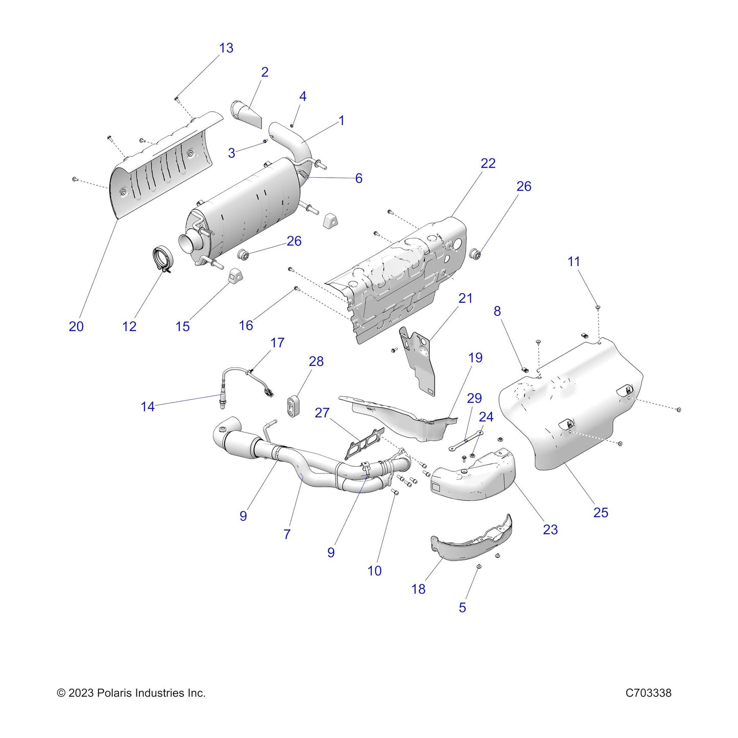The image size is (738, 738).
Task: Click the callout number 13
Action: [226, 48]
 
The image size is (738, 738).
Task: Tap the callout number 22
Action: [488, 163]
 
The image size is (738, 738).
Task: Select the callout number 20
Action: [76, 326]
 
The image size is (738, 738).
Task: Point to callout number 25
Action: [601, 512]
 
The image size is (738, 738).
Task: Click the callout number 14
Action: [148, 407]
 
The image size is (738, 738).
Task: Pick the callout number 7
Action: [287, 534]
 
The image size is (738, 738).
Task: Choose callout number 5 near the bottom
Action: [462, 607]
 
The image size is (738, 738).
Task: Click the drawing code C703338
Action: [648, 693]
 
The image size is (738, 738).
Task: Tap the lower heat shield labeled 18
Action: [470, 541]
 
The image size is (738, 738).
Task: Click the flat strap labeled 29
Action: [466, 440]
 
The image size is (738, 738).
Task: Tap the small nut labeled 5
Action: [479, 567]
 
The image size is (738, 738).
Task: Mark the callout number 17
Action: [277, 343]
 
